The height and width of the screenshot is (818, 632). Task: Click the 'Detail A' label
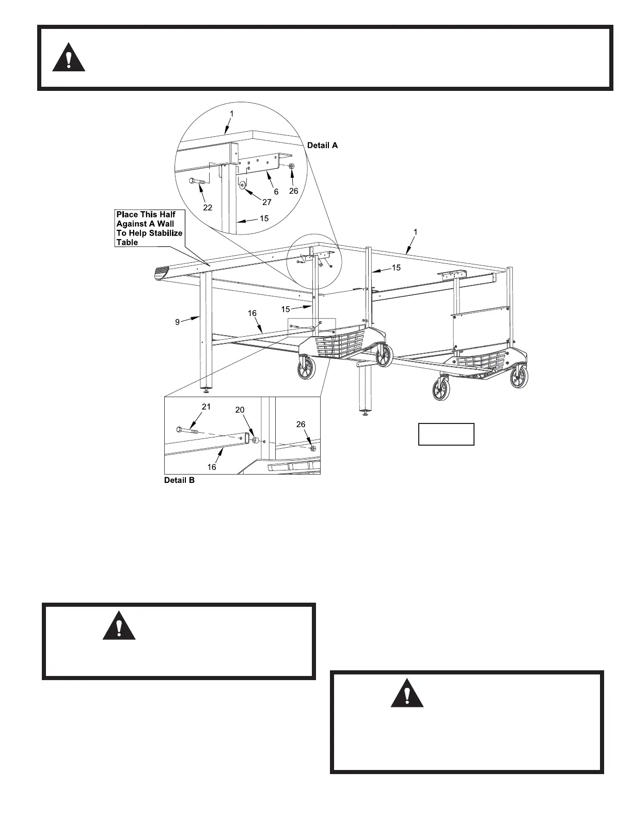click(x=322, y=146)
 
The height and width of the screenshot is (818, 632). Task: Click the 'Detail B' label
click(x=179, y=480)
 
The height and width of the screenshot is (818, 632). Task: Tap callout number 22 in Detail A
click(x=208, y=208)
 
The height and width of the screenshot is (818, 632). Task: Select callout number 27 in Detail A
click(x=266, y=202)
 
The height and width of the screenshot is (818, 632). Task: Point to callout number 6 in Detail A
click(x=276, y=192)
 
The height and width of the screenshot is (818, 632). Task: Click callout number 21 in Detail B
click(x=206, y=407)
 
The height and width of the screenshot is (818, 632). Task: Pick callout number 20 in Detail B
click(x=240, y=410)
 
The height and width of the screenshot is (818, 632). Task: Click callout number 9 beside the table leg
click(x=177, y=322)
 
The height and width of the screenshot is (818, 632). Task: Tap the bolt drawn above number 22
click(x=197, y=181)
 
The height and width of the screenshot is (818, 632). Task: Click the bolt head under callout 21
click(x=179, y=429)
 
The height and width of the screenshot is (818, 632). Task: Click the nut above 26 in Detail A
click(x=291, y=166)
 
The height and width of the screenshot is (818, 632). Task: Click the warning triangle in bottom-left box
click(x=119, y=626)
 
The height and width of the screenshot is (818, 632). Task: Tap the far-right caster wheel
click(x=519, y=376)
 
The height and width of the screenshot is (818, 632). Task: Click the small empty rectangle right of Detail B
click(x=446, y=434)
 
